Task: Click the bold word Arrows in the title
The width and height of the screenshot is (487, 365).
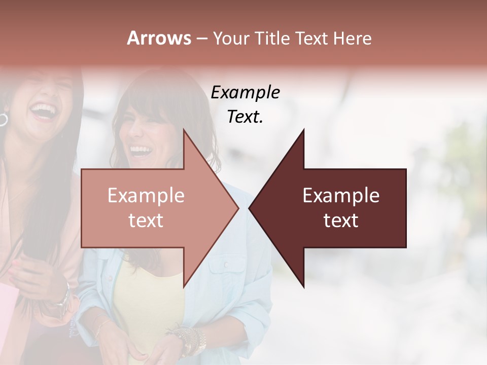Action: (x=159, y=38)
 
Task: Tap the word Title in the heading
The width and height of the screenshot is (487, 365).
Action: (x=272, y=38)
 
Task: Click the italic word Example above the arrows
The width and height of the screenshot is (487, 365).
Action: (x=245, y=93)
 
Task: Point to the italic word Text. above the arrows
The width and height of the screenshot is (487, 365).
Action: (x=245, y=117)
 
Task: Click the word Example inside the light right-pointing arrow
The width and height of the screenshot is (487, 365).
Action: (x=146, y=196)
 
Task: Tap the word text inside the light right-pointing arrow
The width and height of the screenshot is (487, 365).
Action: (x=146, y=221)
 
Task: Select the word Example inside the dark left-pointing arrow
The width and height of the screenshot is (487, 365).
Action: (x=341, y=196)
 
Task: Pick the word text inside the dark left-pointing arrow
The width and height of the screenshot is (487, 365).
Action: (x=341, y=221)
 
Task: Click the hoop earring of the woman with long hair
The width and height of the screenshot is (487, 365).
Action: (x=3, y=120)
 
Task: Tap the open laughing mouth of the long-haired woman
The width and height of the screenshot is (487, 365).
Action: (x=44, y=111)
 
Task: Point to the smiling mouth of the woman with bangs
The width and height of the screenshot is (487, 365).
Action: (x=141, y=151)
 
